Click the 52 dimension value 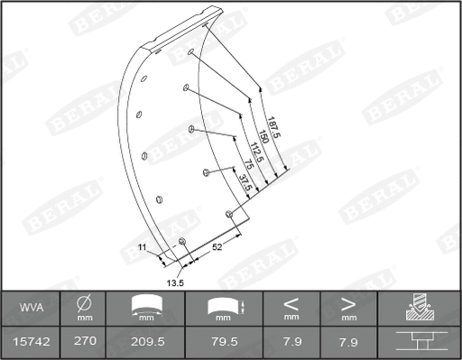coord(217,245)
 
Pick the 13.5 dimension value coord(176,282)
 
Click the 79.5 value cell coord(224,341)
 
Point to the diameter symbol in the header coord(84,304)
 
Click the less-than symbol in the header coord(291,304)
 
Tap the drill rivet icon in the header coord(420,309)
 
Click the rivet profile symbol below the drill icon coord(420,341)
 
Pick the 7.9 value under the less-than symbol coord(291,341)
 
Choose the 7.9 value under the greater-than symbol coord(349,341)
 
